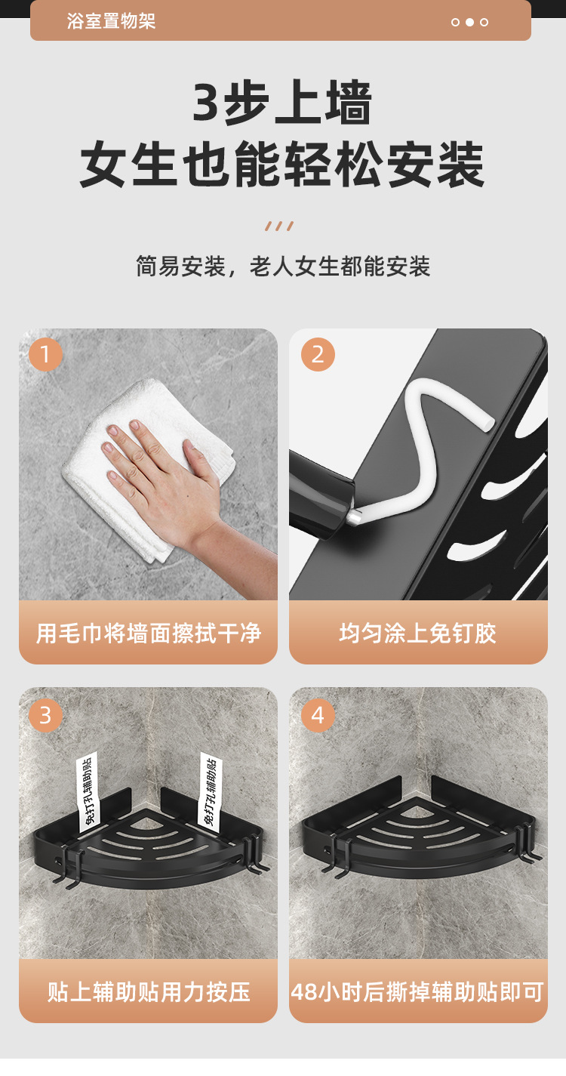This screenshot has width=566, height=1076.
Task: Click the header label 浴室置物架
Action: [x=111, y=21]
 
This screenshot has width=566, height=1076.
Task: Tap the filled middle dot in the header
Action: [x=469, y=22]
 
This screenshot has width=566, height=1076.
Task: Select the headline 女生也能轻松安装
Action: [x=282, y=165]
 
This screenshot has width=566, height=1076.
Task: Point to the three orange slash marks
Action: [x=279, y=226]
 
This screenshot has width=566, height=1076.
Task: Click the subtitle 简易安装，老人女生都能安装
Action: [x=283, y=267]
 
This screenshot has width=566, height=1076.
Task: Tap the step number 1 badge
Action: [x=45, y=354]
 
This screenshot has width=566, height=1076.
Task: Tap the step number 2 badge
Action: [x=318, y=354]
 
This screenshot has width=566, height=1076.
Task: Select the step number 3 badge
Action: [x=45, y=714]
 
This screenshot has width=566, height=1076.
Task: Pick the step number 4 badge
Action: [x=318, y=714]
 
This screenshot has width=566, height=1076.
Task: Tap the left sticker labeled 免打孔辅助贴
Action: [x=88, y=789]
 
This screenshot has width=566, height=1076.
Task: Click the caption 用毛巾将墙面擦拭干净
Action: [x=148, y=633]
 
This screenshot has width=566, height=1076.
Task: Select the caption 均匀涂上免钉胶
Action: [x=418, y=633]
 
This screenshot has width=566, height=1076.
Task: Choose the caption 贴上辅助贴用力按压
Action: [x=148, y=991]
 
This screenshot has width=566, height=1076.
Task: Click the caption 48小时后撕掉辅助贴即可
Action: [x=418, y=991]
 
